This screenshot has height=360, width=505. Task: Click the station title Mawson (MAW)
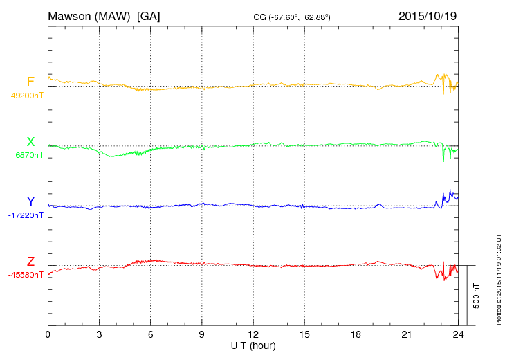click(x=90, y=16)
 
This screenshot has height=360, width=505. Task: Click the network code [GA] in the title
click(x=149, y=16)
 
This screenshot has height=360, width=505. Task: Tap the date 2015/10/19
click(x=427, y=16)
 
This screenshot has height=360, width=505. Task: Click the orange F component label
click(x=30, y=82)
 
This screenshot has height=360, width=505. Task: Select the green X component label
click(x=30, y=143)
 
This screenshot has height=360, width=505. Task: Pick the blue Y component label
click(x=30, y=201)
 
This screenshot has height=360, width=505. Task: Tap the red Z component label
click(x=30, y=262)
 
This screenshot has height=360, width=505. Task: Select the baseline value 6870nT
click(x=29, y=156)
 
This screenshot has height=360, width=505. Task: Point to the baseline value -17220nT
click(x=27, y=215)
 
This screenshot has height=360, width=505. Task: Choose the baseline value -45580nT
click(x=27, y=275)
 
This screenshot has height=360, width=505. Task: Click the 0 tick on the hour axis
click(x=48, y=335)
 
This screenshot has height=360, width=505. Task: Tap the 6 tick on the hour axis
click(x=150, y=335)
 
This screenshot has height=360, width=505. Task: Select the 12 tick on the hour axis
click(x=253, y=335)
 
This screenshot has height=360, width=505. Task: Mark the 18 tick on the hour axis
click(x=356, y=335)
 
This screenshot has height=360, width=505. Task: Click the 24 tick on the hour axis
click(x=458, y=335)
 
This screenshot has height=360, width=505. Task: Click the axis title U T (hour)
click(x=253, y=345)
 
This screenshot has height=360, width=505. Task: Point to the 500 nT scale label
click(x=476, y=295)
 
